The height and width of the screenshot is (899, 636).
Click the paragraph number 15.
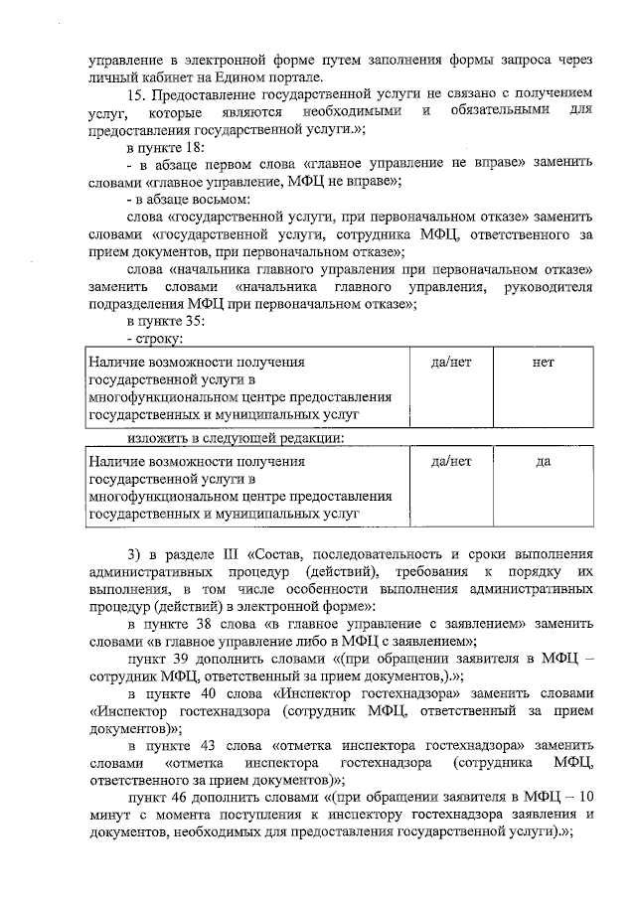pos(136,93)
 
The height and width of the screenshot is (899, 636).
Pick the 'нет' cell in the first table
pos(543,363)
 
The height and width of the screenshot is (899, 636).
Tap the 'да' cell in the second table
pos(543,461)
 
